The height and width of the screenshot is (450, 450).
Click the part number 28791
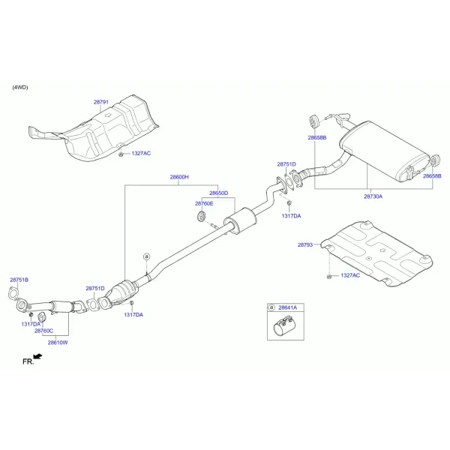pos(101,102)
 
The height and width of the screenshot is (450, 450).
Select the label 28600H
pos(179,177)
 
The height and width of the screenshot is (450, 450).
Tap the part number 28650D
pos(219,193)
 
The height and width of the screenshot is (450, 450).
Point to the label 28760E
pos(204,204)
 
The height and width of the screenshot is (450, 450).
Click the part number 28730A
pos(373,196)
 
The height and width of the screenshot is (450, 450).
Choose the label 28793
pos(305,244)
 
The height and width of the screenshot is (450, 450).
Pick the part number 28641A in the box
pos(288,307)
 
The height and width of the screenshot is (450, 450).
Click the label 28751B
pos(19,280)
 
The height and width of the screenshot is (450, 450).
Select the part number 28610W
pos(58,343)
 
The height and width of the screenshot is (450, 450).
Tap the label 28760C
pos(44,331)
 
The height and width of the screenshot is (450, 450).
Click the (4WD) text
pos(20,87)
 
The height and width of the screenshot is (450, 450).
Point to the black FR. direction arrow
pos(37,356)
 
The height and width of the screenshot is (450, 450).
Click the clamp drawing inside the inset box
pos(284,325)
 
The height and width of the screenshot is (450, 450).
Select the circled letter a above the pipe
pos(147,256)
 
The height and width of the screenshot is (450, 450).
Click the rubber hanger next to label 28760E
pos(201,216)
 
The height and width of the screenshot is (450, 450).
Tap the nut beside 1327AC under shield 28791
pos(121,155)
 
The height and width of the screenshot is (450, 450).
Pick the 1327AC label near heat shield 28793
pos(350,275)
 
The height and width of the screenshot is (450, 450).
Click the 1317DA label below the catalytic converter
pos(133,315)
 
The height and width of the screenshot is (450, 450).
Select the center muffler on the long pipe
pos(240,221)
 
